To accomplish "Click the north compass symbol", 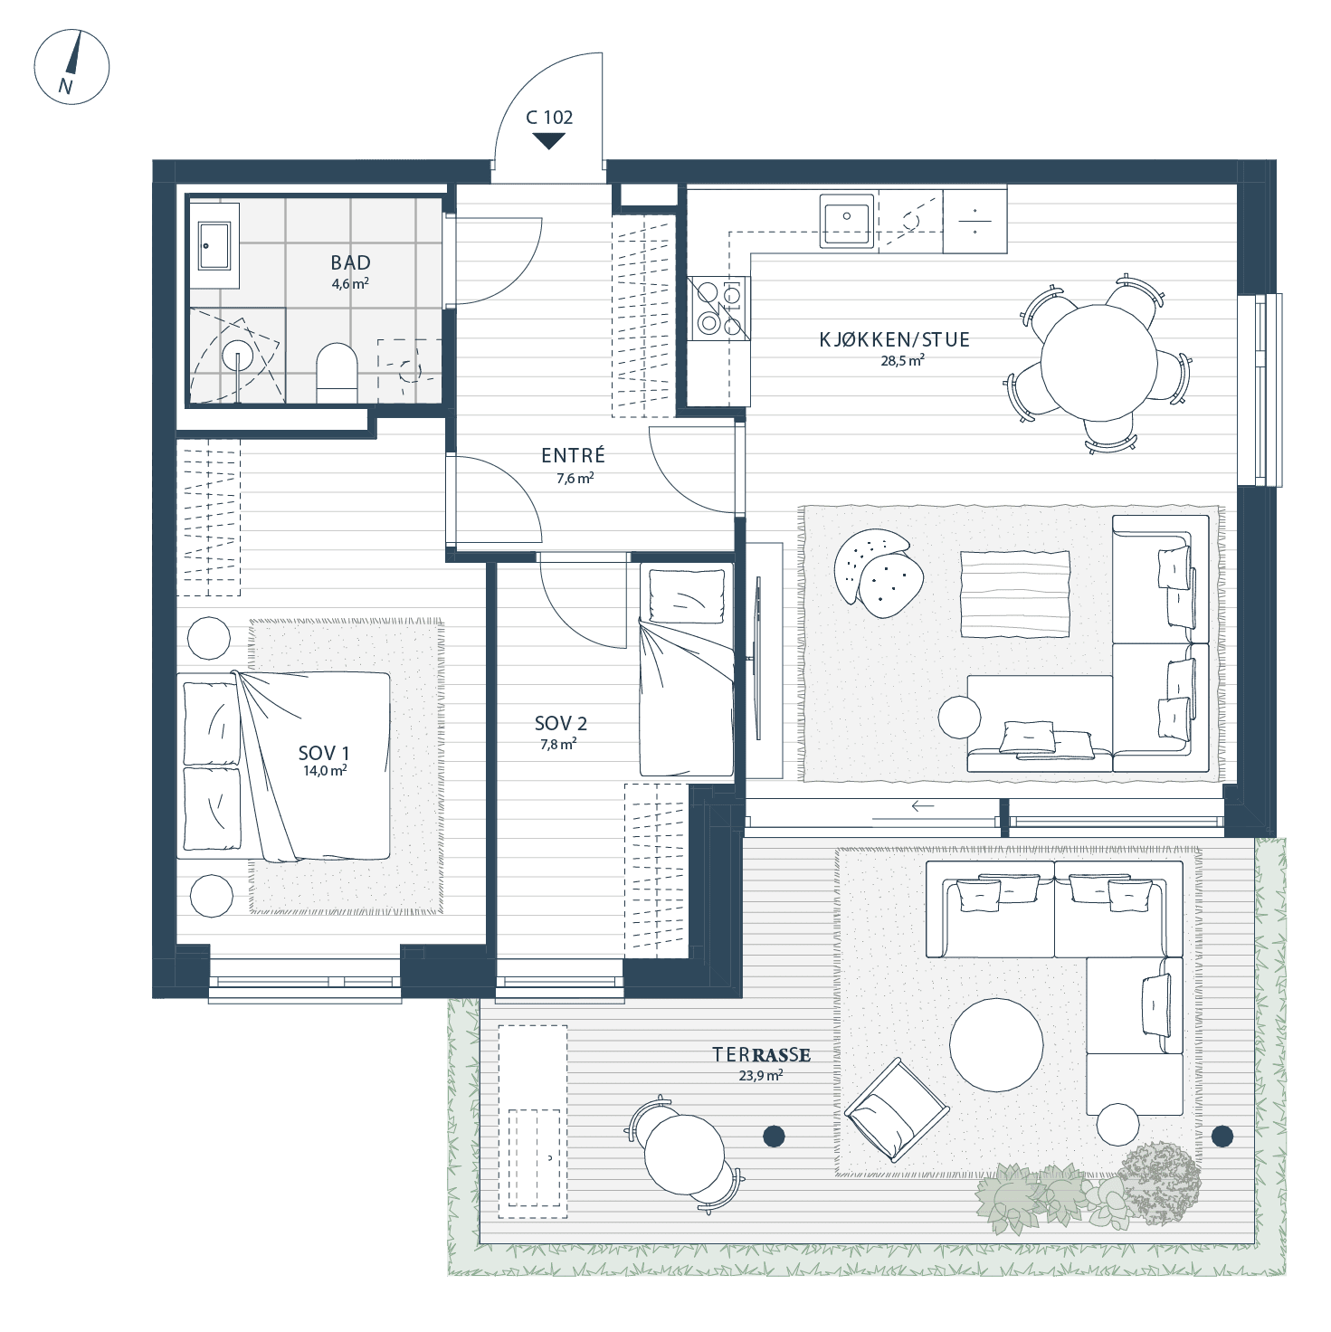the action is [x=71, y=67].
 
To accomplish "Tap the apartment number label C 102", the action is [x=549, y=118].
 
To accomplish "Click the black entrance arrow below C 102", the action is [x=549, y=141].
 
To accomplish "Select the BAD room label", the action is [x=350, y=262].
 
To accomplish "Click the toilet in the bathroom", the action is [x=337, y=373].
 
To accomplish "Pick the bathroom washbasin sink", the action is [x=214, y=245].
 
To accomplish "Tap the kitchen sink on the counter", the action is [x=846, y=220].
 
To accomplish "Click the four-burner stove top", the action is [x=718, y=309].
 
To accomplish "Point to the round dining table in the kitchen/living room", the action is [x=1098, y=363].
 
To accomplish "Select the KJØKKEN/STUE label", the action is [x=895, y=339].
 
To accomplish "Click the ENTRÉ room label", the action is [x=573, y=455].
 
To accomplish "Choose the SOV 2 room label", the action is [x=561, y=724].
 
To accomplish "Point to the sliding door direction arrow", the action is [x=923, y=806].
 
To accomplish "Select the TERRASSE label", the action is [x=761, y=1055].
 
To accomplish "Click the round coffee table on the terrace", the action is [x=995, y=1044].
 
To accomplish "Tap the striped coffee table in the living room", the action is [x=1015, y=595].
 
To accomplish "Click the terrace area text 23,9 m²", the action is [x=761, y=1076].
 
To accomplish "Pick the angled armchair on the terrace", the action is [x=898, y=1109].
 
